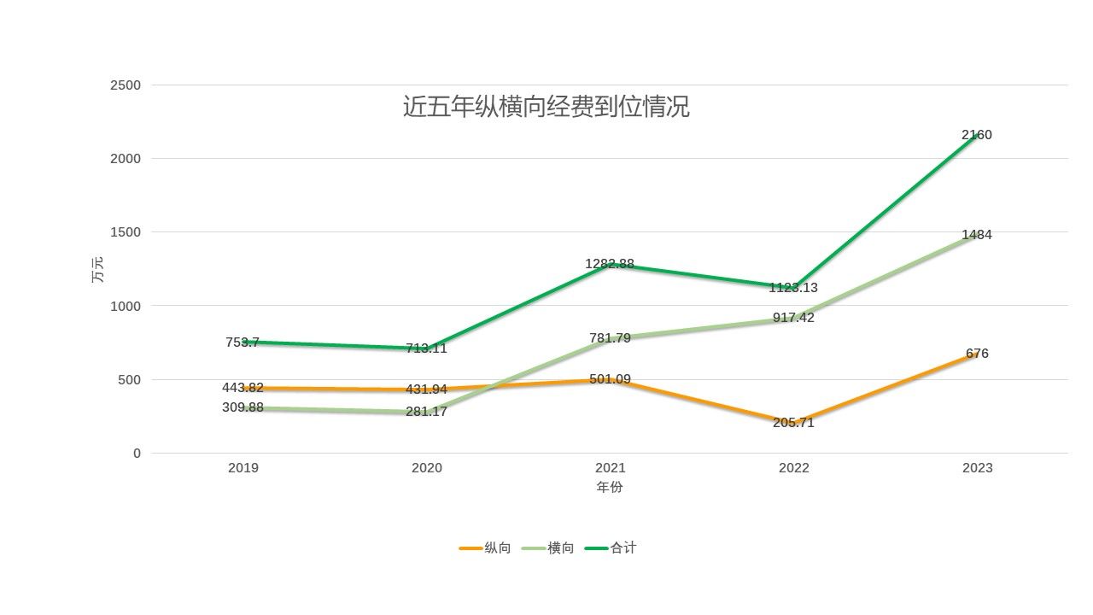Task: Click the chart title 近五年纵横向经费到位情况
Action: pos(546,108)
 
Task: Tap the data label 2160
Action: pos(976,135)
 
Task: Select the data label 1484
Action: pos(976,235)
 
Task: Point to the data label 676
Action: pos(977,354)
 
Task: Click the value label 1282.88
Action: pos(610,264)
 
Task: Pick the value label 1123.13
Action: pos(793,288)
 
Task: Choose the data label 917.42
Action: pos(793,318)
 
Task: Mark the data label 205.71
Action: pos(793,423)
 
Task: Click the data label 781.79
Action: pos(610,338)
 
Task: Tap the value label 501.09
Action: pos(610,379)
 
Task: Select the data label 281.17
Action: pos(426,413)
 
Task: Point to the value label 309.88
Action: pos(243,407)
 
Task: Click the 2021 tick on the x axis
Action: pos(610,468)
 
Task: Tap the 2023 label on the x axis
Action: pos(977,468)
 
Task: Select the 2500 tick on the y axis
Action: pos(126,85)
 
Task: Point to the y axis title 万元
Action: pos(97,270)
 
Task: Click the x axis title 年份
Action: pos(610,488)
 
